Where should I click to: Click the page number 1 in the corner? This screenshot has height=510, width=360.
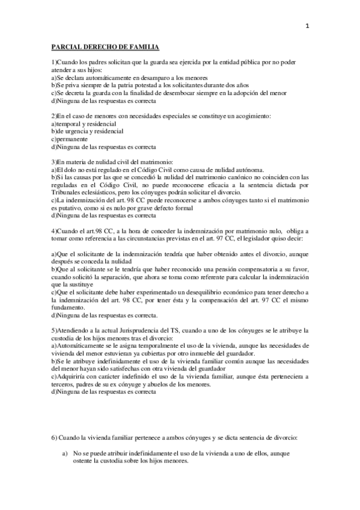point(307,26)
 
